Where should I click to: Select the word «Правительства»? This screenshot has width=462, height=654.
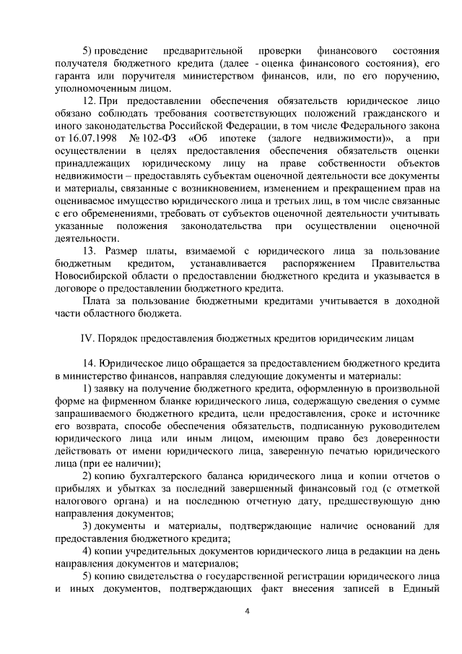(x=404, y=263)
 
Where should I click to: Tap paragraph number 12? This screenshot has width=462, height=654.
(x=90, y=98)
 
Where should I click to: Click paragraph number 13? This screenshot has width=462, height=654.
(x=90, y=250)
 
